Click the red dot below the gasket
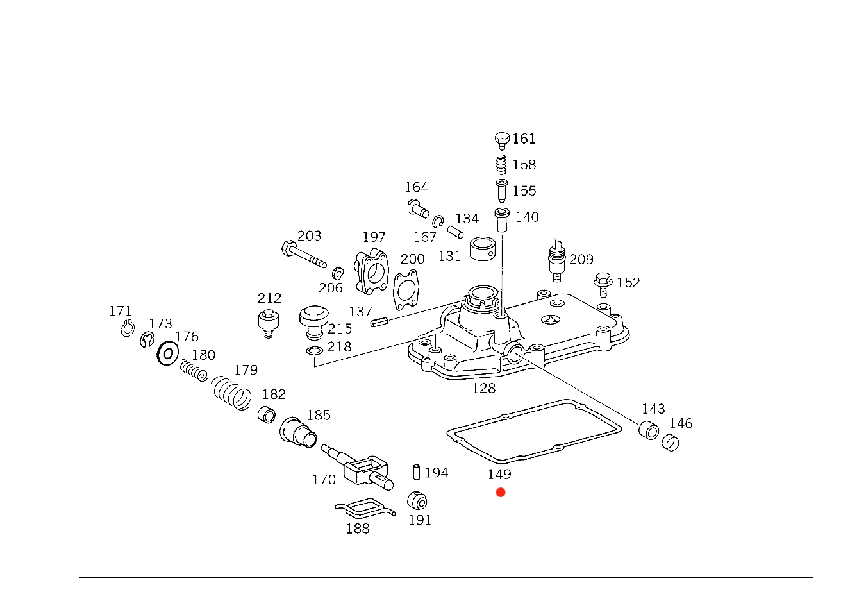(x=501, y=493)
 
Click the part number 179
(x=246, y=370)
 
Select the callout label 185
(x=319, y=415)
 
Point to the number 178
(x=187, y=336)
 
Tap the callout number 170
(x=325, y=479)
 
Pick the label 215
(x=340, y=329)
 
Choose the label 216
(x=339, y=347)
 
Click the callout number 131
(x=449, y=256)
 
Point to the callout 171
(x=120, y=312)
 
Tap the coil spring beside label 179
(x=232, y=392)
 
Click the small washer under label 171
(x=127, y=330)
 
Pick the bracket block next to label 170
(x=365, y=471)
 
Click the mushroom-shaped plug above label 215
(x=314, y=317)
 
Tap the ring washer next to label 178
(x=168, y=353)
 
